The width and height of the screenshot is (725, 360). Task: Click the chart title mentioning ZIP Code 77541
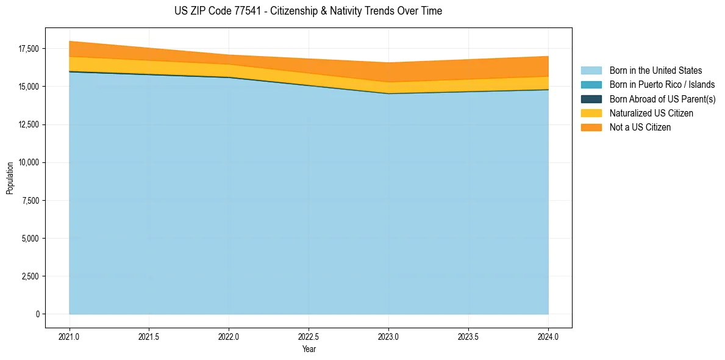(x=308, y=11)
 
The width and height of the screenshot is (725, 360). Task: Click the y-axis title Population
(x=10, y=178)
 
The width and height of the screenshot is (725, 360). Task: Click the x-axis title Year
(x=309, y=349)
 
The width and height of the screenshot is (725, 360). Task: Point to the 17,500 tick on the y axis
(x=27, y=49)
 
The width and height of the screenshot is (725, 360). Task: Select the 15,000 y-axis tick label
(x=27, y=87)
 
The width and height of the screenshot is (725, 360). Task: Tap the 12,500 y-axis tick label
(x=27, y=124)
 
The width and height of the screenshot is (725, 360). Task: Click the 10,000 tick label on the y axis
(x=27, y=162)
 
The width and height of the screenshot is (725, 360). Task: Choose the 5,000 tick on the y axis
(x=29, y=239)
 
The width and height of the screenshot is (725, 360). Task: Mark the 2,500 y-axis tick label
(x=29, y=276)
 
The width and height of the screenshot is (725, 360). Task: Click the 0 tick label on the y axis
(x=37, y=314)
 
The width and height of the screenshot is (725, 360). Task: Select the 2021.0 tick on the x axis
(x=70, y=336)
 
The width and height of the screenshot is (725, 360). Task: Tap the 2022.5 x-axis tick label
(x=309, y=336)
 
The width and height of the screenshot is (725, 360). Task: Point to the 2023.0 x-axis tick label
(x=388, y=336)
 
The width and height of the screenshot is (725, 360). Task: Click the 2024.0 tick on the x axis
(x=548, y=336)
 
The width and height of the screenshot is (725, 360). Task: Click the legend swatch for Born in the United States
(x=591, y=71)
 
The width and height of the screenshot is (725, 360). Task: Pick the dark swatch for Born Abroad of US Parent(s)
(x=591, y=99)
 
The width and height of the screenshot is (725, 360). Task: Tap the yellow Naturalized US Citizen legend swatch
(x=591, y=113)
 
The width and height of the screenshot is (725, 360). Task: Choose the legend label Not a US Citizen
(x=640, y=128)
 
